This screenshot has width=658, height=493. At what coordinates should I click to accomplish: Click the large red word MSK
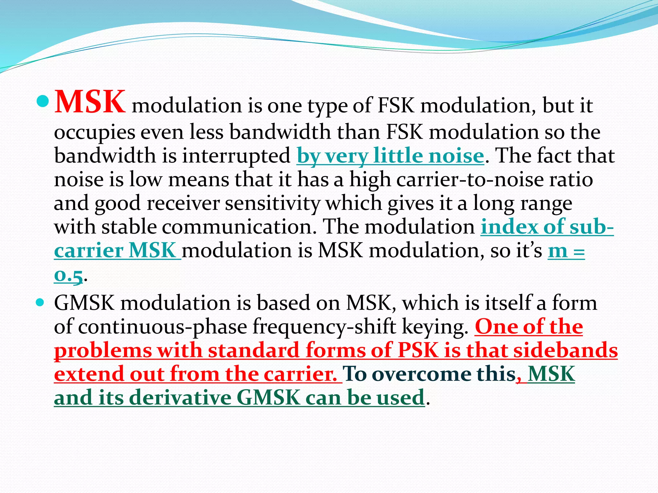tap(90, 102)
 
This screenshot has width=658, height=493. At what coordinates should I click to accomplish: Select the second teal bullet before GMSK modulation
tap(40, 302)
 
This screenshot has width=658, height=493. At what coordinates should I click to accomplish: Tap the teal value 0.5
tap(68, 275)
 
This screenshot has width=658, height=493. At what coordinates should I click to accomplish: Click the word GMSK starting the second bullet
tap(84, 303)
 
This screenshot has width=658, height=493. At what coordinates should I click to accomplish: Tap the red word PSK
tap(418, 350)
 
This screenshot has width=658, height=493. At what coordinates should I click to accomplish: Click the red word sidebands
tap(565, 350)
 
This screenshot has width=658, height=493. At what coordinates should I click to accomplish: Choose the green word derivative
tap(180, 398)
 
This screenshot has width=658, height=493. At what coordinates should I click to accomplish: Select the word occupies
tap(94, 133)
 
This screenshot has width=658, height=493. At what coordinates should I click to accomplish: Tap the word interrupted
tap(236, 156)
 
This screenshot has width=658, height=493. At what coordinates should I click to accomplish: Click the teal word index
tap(509, 227)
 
